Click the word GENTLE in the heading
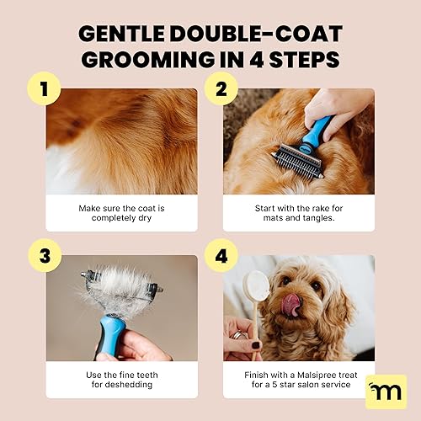[128, 34]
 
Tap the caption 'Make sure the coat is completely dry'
[121, 213]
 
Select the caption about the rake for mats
[299, 213]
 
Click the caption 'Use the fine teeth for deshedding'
[121, 379]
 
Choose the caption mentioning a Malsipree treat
[299, 379]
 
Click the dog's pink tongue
[291, 306]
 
